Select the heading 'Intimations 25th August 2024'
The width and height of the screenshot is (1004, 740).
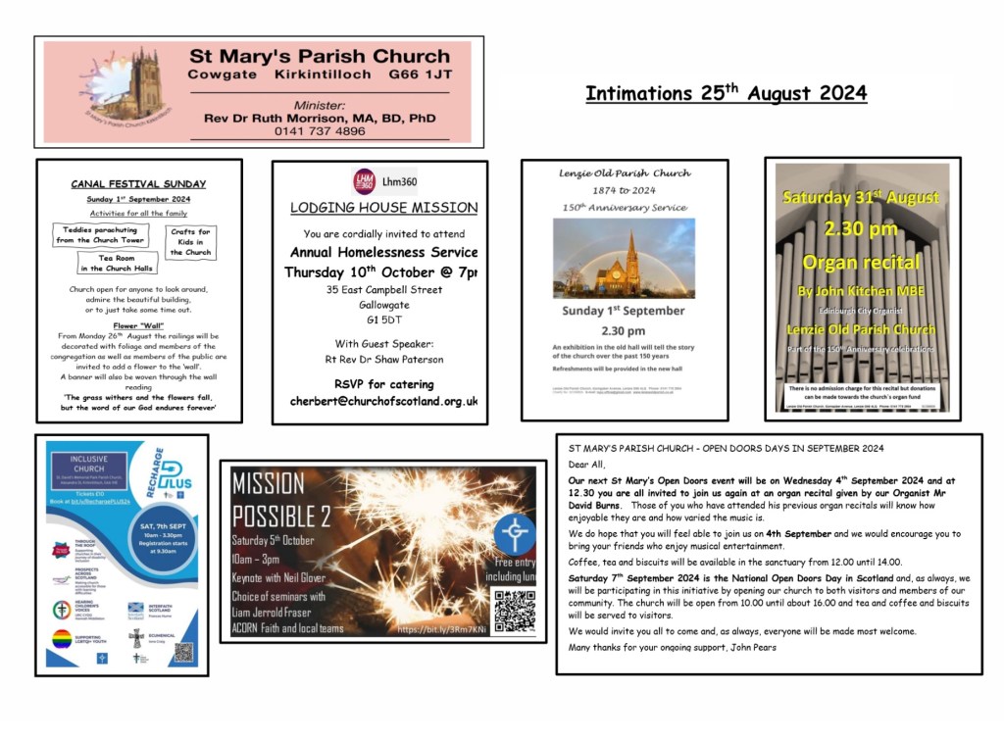(726, 94)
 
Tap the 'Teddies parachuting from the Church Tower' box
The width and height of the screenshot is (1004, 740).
(100, 234)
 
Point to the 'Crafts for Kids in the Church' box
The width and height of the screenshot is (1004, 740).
(190, 241)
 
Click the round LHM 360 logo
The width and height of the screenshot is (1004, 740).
(364, 181)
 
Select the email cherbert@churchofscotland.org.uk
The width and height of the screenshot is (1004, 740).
(383, 401)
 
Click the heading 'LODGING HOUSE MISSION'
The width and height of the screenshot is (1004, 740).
(383, 208)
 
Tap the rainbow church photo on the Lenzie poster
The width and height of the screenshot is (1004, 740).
(624, 258)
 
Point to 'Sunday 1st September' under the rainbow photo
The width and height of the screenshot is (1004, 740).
(624, 311)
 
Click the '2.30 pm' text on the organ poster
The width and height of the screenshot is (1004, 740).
(862, 229)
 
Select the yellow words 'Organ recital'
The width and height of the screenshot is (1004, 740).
(862, 262)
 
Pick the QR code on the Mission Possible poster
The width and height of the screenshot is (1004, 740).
(514, 612)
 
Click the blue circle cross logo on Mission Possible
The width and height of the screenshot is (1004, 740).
(514, 535)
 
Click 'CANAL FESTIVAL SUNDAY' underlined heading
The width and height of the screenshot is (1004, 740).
(138, 184)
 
